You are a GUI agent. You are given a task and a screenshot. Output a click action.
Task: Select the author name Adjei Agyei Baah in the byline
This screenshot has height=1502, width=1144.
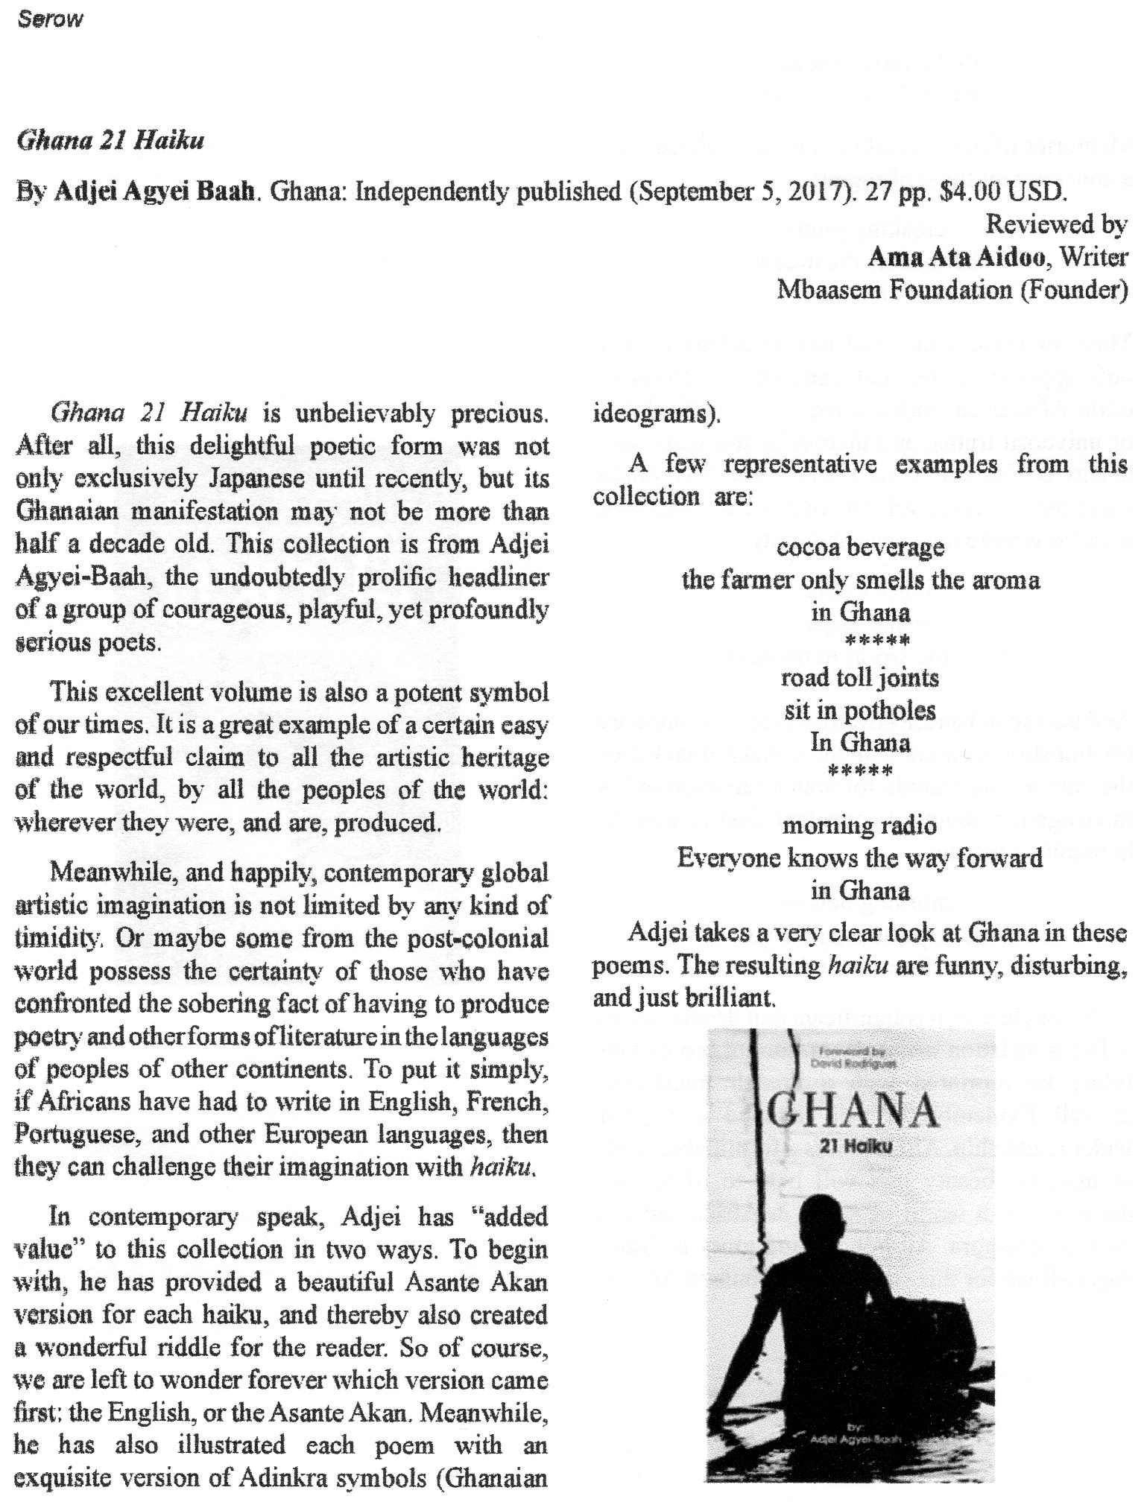[157, 191]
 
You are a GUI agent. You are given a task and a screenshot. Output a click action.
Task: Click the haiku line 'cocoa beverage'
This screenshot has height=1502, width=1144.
[860, 548]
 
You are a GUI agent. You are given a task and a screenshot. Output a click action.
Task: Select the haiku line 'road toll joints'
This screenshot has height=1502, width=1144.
[859, 678]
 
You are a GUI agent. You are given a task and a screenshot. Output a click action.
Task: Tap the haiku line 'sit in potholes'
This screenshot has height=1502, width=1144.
[859, 710]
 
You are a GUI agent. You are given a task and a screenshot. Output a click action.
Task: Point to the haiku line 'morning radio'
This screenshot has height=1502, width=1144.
[859, 826]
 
